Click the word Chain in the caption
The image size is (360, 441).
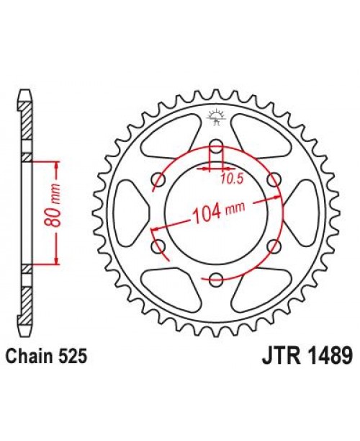click(29, 355)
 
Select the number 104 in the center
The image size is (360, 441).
click(207, 213)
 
